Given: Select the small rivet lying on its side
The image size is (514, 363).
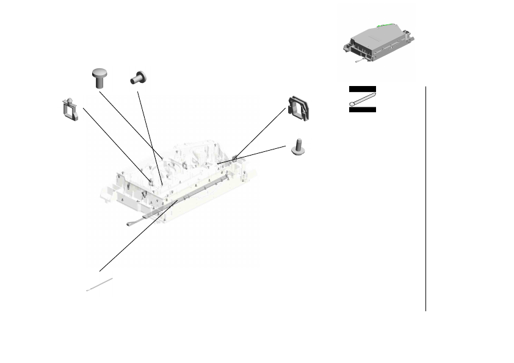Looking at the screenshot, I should click(139, 77).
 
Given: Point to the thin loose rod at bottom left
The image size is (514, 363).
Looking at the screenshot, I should click(101, 284).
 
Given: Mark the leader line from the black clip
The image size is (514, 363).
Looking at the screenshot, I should click(261, 132).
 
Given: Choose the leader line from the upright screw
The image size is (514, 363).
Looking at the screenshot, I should click(253, 155).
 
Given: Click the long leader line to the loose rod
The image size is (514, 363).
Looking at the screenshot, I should click(138, 234).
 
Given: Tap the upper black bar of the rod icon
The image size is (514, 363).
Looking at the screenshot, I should click(362, 89).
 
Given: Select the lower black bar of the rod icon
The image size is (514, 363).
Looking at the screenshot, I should click(362, 110).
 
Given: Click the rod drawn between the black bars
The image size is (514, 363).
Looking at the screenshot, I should click(362, 99).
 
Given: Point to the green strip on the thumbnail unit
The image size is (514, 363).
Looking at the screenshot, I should click(385, 26).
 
